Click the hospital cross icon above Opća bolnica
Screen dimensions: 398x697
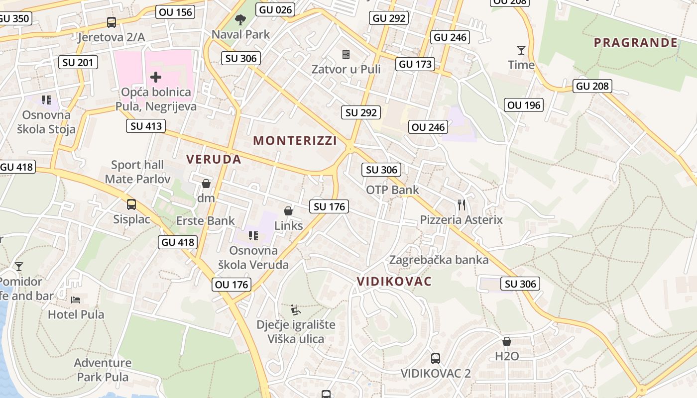[155, 77]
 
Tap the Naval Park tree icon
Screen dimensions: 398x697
[240, 20]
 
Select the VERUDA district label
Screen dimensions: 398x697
[214, 159]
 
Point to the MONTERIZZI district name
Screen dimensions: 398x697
[295, 141]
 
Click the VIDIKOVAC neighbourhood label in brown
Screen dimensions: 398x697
[394, 282]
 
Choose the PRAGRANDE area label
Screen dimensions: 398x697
[636, 42]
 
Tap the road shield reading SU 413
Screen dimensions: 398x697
[146, 126]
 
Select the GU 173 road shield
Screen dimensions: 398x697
[416, 64]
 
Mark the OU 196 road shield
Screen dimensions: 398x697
[524, 105]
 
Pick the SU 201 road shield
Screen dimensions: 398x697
[78, 62]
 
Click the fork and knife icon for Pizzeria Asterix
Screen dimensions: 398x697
[462, 204]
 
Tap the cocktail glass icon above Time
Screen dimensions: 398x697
[521, 50]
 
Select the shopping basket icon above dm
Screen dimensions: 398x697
[206, 184]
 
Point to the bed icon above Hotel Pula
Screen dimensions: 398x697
[76, 299]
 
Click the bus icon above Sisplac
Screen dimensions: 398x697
[131, 204]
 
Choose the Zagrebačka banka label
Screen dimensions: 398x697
[439, 260]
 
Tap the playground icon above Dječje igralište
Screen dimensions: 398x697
[296, 310]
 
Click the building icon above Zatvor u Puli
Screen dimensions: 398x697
[346, 54]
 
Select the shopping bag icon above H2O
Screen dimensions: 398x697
[507, 341]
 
